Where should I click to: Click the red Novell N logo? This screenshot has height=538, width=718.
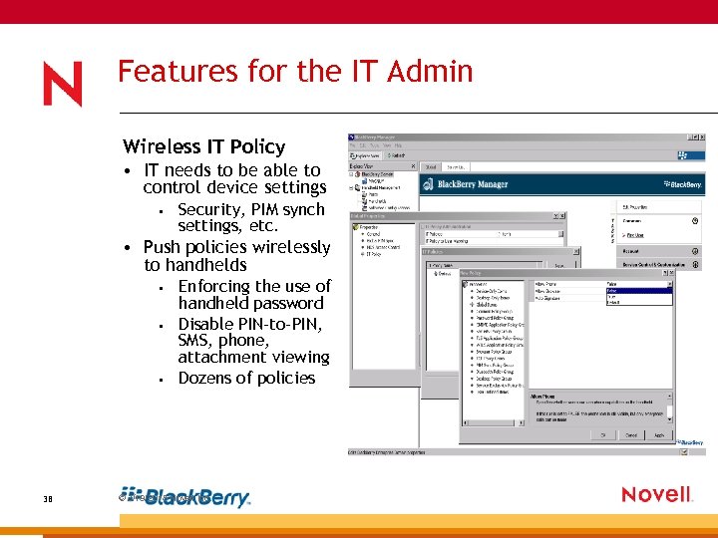(63, 84)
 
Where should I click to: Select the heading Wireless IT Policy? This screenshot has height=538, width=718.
(203, 146)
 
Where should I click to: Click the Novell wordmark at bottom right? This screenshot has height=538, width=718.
(656, 494)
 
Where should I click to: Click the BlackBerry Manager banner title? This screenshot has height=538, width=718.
(487, 184)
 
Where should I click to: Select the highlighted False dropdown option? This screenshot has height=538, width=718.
(638, 291)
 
